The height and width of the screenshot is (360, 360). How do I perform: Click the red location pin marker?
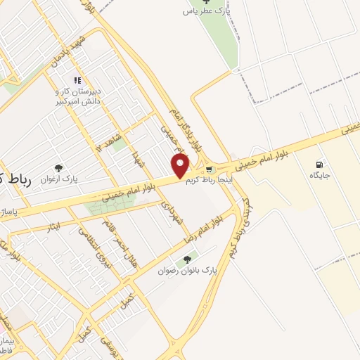181,166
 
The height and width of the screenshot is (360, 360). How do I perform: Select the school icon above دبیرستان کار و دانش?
77,81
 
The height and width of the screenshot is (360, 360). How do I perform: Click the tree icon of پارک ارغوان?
58,168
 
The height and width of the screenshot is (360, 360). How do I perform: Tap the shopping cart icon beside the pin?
209,169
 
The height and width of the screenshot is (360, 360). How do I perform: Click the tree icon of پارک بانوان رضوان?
187,259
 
